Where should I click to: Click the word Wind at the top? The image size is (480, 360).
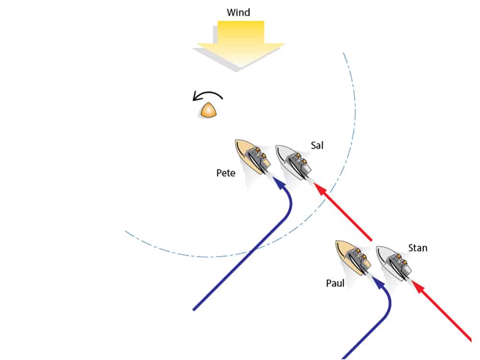239,12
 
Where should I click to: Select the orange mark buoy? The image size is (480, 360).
209,110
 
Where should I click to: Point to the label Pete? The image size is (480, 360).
226,173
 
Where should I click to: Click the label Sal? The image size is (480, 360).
317,145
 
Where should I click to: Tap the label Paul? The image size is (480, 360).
336,283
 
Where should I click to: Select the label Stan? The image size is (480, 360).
418,248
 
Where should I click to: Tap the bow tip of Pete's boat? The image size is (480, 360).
236,142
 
